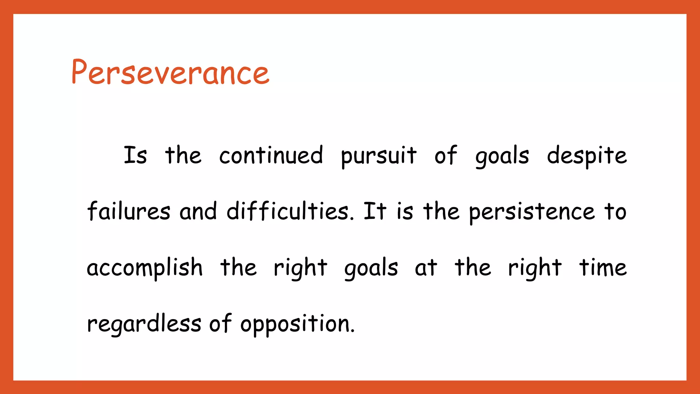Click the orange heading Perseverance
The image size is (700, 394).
(x=170, y=73)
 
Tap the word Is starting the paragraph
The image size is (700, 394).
(x=135, y=156)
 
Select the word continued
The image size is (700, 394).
(x=271, y=156)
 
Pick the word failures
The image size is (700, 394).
(x=129, y=211)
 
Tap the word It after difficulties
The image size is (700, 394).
(x=375, y=211)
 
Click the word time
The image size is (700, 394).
(x=603, y=267)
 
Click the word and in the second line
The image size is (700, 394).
(x=198, y=211)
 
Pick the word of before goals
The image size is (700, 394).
(x=445, y=156)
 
